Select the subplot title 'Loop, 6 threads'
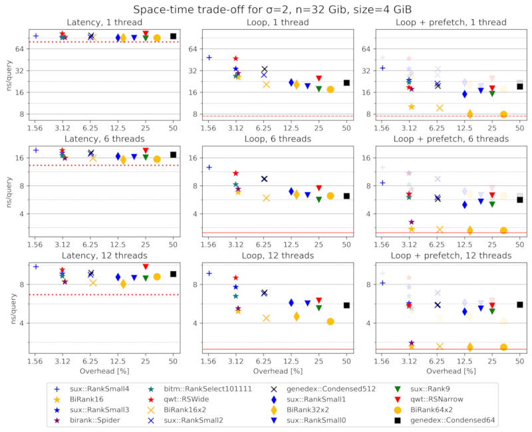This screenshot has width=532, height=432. [x=277, y=139]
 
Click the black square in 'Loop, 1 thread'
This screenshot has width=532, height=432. [x=346, y=82]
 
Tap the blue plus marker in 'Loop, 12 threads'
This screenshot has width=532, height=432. [x=209, y=273]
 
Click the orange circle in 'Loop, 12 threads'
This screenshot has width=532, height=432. [x=331, y=322]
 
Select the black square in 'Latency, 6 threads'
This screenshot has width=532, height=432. [x=173, y=155]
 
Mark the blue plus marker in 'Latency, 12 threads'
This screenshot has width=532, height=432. [x=36, y=267]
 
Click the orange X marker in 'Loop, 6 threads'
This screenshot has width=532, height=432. [x=266, y=198]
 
